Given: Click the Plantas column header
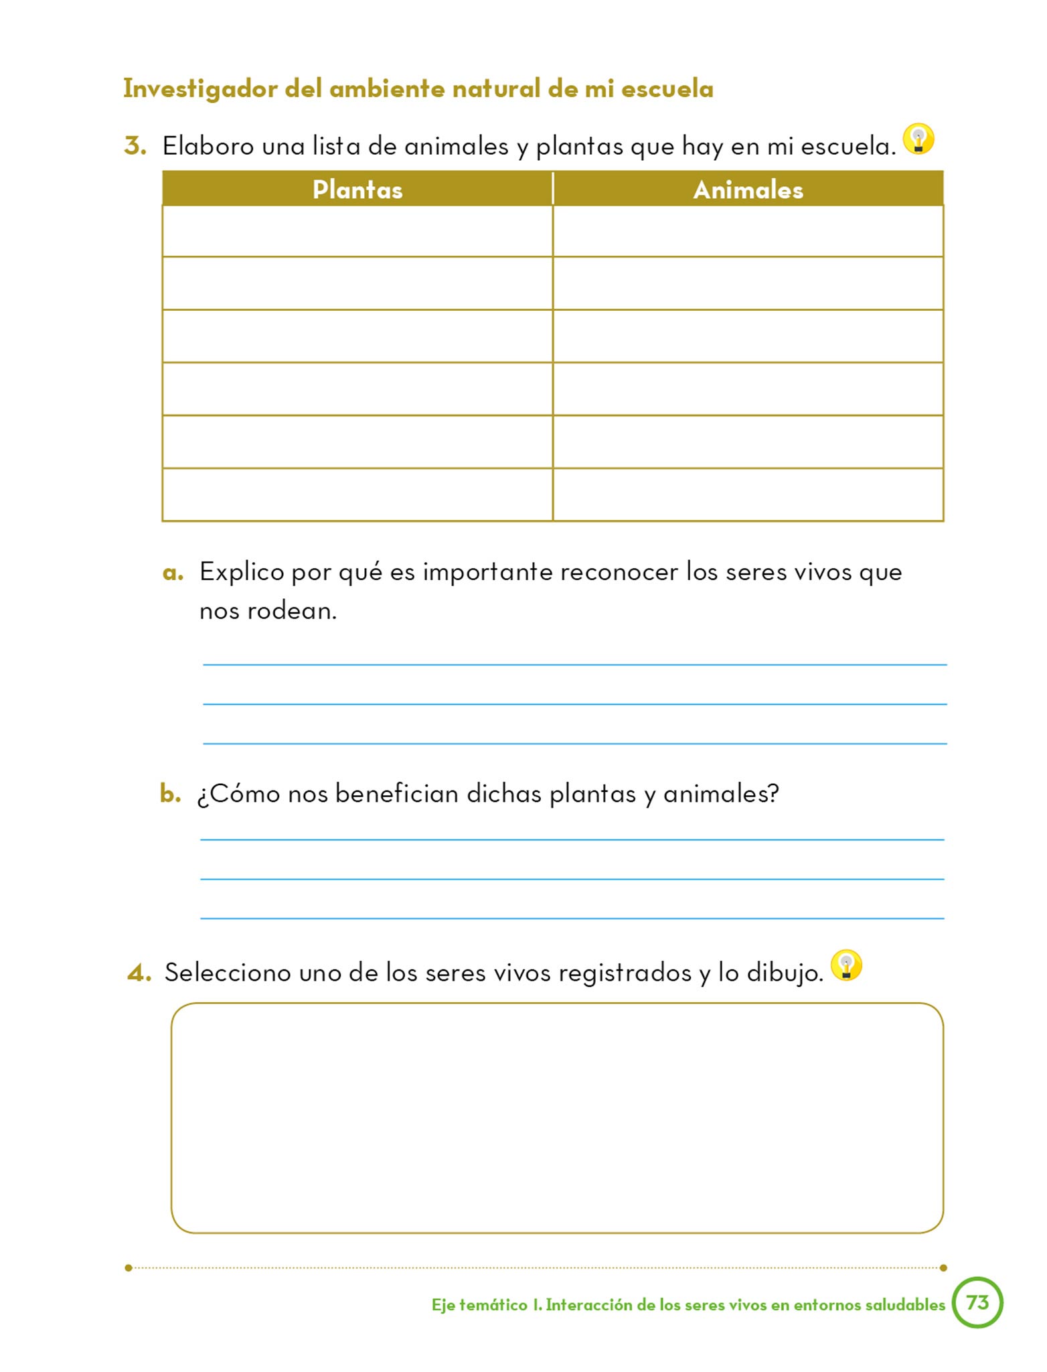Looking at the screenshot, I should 357,190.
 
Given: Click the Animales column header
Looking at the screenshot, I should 748,190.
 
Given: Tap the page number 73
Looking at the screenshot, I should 977,1302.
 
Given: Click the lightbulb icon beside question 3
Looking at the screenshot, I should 918,139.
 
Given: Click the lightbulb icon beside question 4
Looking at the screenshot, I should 846,966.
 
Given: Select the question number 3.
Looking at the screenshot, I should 135,146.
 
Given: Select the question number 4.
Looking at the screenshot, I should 139,973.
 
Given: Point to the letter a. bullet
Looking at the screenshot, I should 173,573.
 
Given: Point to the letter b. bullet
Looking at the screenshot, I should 170,794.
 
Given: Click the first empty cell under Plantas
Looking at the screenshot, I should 357,231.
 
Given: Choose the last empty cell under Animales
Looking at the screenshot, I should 748,494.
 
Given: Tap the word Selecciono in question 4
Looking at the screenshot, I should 228,973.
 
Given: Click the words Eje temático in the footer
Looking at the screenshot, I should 479,1305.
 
